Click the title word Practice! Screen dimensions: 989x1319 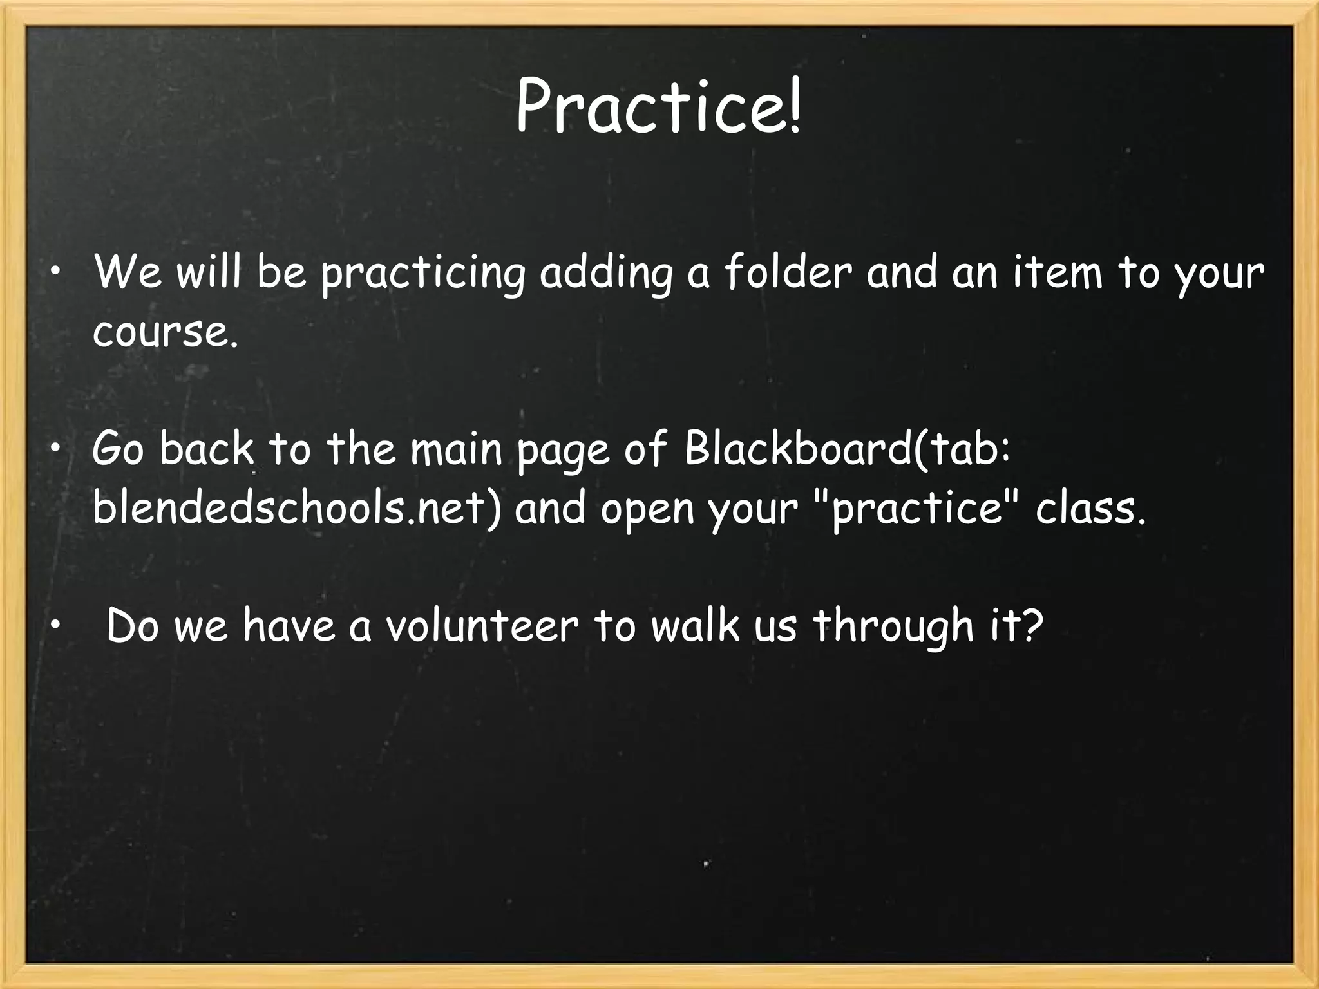click(x=658, y=105)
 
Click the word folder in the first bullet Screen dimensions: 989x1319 click(x=788, y=272)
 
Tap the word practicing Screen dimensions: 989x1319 click(x=423, y=274)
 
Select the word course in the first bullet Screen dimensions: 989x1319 click(x=164, y=333)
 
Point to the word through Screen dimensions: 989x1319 click(x=893, y=626)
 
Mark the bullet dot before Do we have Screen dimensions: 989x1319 click(x=57, y=624)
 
